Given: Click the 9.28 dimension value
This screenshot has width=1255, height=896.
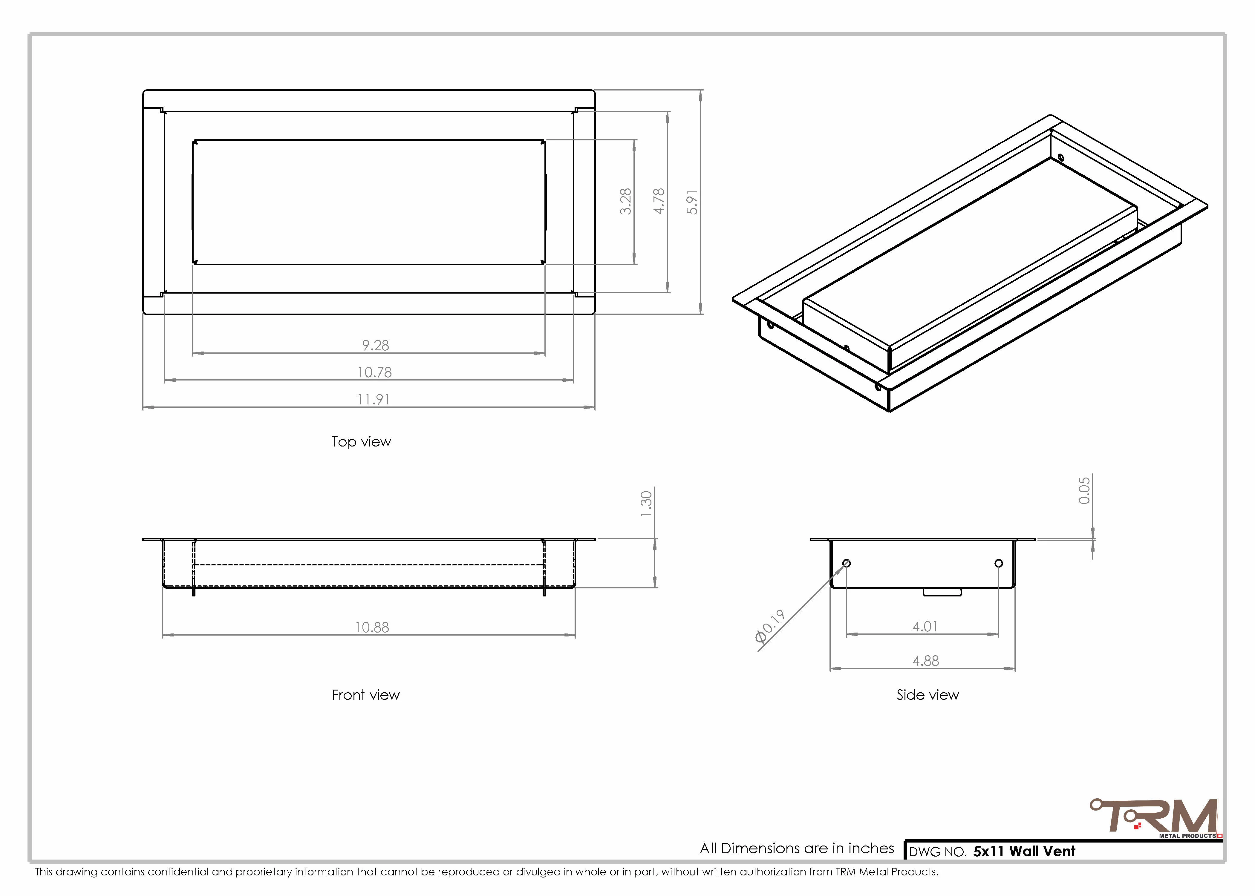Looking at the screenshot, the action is click(375, 345).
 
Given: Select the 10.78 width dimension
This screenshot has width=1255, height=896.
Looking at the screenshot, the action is click(375, 372).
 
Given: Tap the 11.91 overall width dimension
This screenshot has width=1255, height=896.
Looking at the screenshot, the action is click(374, 399).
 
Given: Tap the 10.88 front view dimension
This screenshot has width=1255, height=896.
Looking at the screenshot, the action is click(372, 627).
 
